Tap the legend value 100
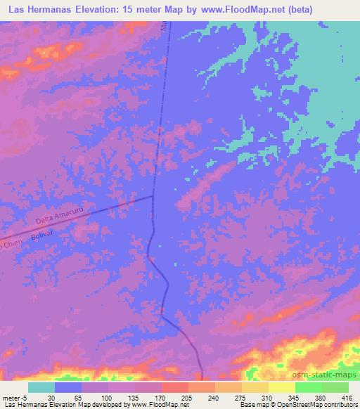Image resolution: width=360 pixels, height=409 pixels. coord(106,397)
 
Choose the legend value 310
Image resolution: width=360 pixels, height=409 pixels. coord(267,397)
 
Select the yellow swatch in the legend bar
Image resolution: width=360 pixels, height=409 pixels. coord(281,387)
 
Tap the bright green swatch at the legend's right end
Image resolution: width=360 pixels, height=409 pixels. coord(335,387)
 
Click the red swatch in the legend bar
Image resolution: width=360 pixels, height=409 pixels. coord(174,387)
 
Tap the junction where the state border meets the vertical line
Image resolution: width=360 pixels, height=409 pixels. coord(153,196)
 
